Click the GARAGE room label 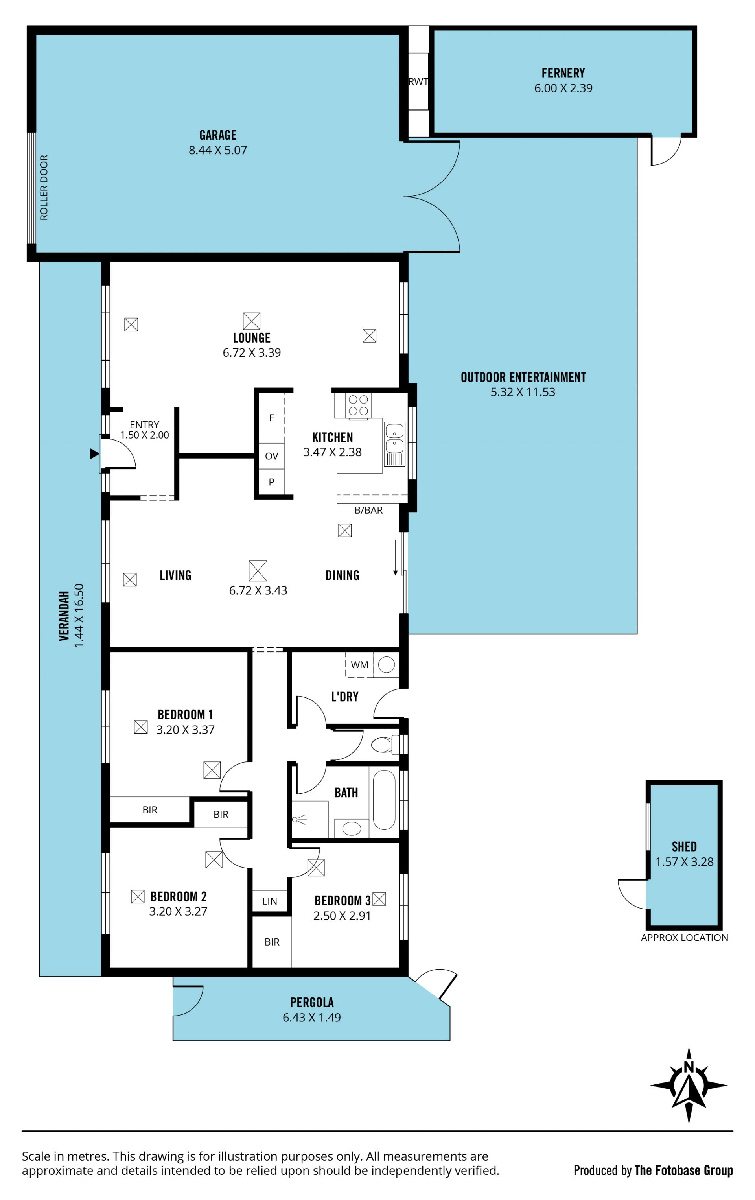coord(218,135)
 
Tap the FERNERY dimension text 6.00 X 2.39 coord(563,88)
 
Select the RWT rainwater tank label coord(418,81)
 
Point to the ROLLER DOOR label coord(44,187)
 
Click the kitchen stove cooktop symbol coord(358,405)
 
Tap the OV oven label coord(272,456)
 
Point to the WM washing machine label coord(359,665)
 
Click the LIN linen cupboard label coord(270,901)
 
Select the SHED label coord(684,847)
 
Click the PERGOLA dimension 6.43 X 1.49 coord(312,1018)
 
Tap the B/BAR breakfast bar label coord(369,510)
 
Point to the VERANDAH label coord(64,616)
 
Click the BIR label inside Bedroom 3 coord(272,942)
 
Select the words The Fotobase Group coord(684,1171)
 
